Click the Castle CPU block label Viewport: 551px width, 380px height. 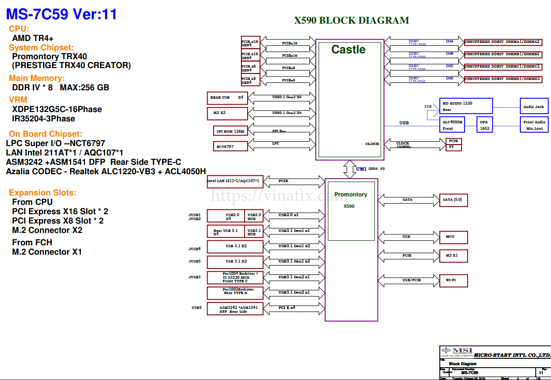click(x=348, y=49)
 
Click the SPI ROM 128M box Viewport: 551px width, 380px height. click(x=230, y=131)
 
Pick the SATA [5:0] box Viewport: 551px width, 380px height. click(x=453, y=200)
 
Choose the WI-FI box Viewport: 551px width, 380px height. click(x=453, y=280)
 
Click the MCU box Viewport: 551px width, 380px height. click(x=453, y=237)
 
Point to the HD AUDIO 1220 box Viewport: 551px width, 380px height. click(x=466, y=106)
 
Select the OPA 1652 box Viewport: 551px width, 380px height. click(x=484, y=125)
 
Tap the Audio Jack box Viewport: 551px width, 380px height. click(x=533, y=107)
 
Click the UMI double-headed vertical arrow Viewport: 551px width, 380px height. click(x=349, y=168)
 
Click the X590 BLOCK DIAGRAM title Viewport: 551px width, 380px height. click(x=351, y=20)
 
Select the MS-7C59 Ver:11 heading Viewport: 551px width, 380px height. click(x=61, y=14)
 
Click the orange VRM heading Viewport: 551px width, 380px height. click(x=18, y=100)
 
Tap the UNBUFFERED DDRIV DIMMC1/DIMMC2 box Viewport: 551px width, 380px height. click(x=502, y=66)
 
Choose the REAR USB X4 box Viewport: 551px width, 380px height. click(x=227, y=98)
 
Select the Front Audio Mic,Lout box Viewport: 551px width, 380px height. click(x=534, y=125)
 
